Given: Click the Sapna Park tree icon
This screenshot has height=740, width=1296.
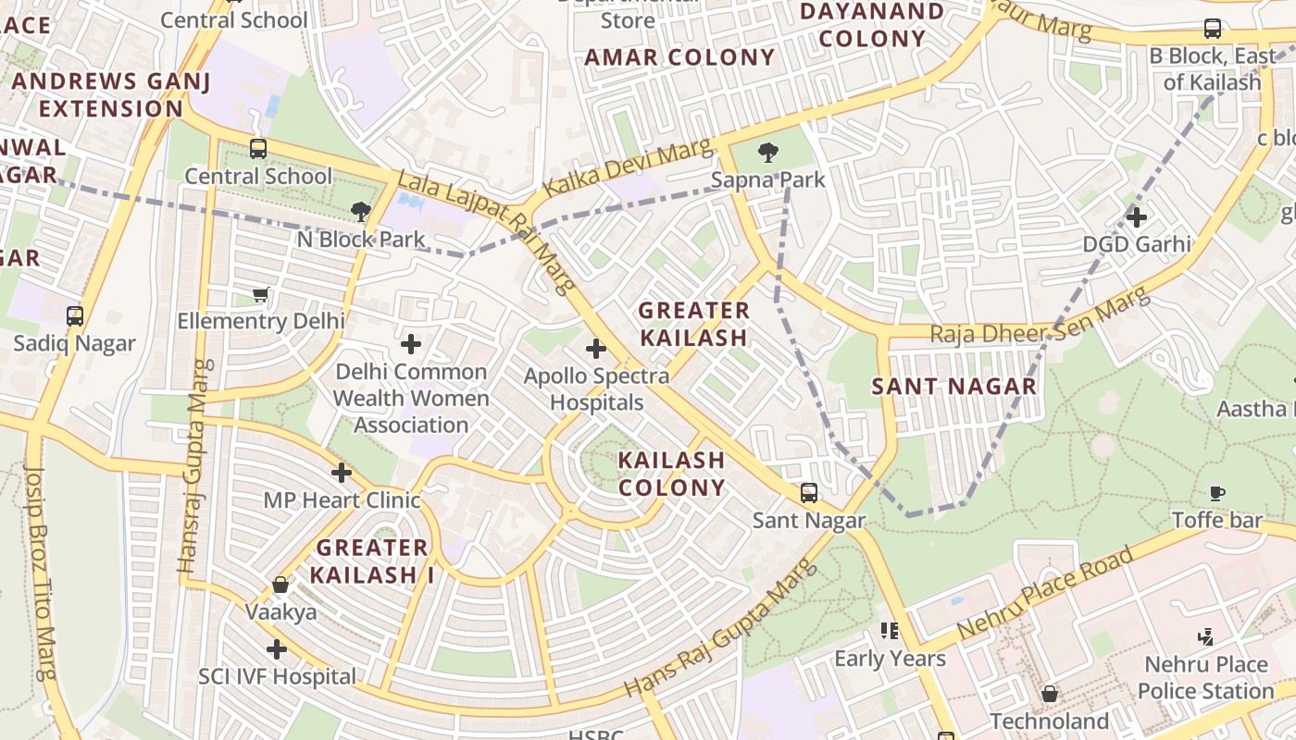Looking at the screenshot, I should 767,153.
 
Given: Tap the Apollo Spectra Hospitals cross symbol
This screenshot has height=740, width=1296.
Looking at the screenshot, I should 596,350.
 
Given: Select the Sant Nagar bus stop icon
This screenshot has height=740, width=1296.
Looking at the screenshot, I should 809,493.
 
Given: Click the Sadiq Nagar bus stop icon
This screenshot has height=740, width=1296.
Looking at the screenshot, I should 75,316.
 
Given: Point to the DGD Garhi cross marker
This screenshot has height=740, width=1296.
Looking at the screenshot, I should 1137,217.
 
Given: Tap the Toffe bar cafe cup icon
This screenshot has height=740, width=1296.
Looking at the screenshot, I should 1217,493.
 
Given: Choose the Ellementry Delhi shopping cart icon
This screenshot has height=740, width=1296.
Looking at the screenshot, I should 260,294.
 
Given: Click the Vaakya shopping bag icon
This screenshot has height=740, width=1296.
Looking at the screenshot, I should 280,585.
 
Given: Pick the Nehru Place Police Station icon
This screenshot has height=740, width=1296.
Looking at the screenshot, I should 1205,636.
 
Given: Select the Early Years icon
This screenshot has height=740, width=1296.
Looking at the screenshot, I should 890,631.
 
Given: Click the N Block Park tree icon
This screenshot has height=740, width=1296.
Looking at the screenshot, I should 361,212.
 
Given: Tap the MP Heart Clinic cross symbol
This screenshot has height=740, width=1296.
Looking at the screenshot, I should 342,473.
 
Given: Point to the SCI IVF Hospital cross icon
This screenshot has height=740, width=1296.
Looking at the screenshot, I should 277,649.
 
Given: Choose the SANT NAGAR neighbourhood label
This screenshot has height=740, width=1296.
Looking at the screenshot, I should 954,386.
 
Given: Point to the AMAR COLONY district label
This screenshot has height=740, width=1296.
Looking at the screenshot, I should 679,57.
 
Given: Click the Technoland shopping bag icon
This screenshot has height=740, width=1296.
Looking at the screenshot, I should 1050,694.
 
